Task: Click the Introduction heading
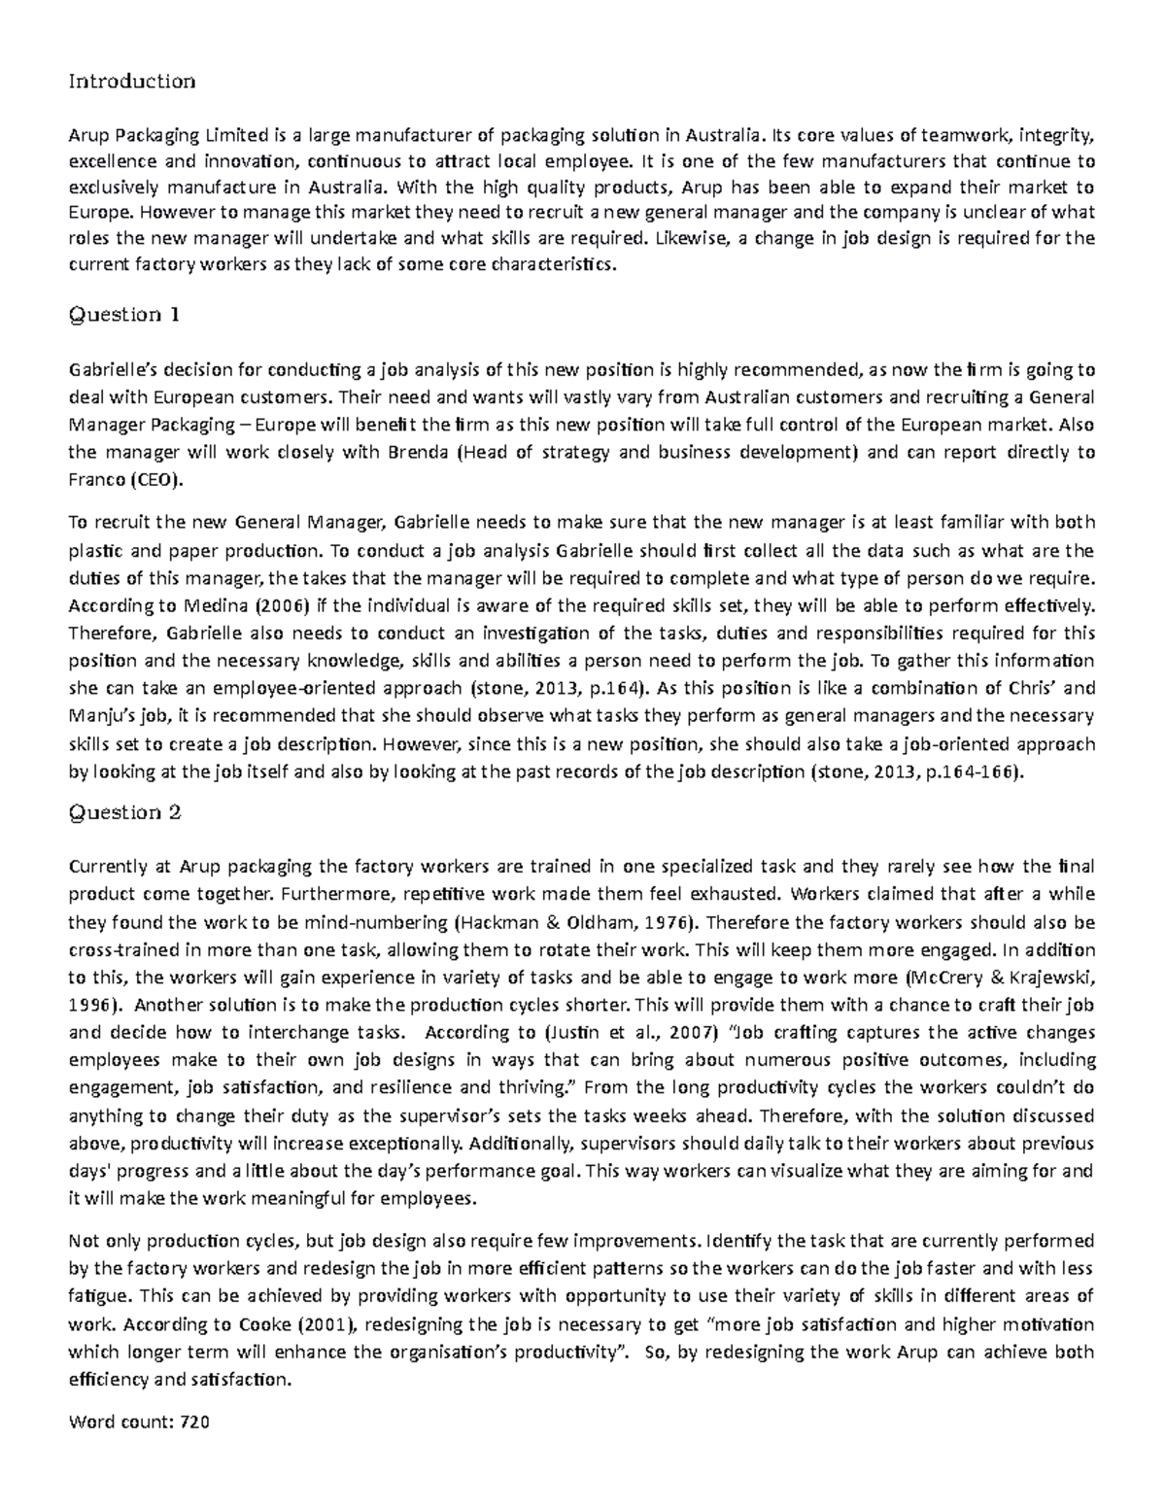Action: coord(131,81)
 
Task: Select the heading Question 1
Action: coord(124,315)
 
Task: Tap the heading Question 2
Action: coord(124,812)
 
